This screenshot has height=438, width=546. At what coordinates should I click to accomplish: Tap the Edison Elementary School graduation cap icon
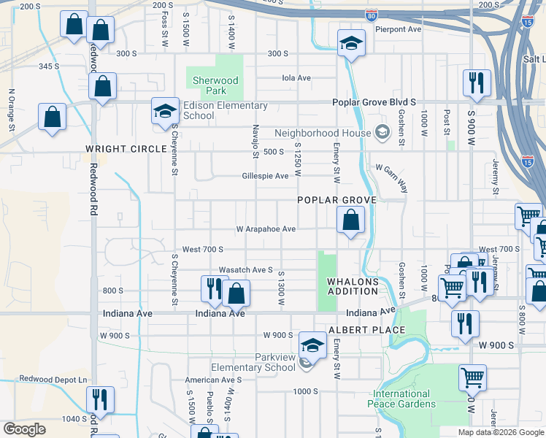(165, 112)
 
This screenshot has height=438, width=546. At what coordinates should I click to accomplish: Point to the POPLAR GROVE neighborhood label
(337, 200)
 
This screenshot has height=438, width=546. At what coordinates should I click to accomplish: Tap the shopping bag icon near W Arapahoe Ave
(351, 220)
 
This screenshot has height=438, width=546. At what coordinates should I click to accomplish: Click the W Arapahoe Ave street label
(266, 228)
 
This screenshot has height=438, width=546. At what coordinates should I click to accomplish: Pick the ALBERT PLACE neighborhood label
(366, 330)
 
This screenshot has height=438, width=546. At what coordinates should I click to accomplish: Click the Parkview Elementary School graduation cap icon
(312, 345)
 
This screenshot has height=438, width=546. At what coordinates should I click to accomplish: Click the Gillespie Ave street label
(266, 176)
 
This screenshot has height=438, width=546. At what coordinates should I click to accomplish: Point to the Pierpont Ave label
(399, 29)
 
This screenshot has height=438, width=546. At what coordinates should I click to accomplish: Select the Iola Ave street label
(296, 78)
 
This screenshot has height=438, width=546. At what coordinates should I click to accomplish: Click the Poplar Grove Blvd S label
(374, 103)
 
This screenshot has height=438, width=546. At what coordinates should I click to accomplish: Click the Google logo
(23, 429)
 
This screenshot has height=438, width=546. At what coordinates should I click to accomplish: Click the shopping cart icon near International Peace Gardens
(472, 378)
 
